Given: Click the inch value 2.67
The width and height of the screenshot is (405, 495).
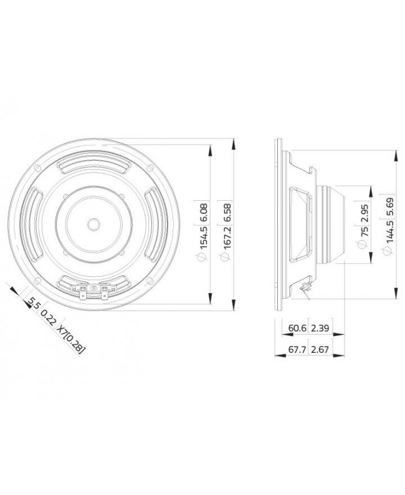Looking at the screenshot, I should [x=320, y=350].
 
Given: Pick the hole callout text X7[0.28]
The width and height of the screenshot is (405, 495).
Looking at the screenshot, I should [x=71, y=337].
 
